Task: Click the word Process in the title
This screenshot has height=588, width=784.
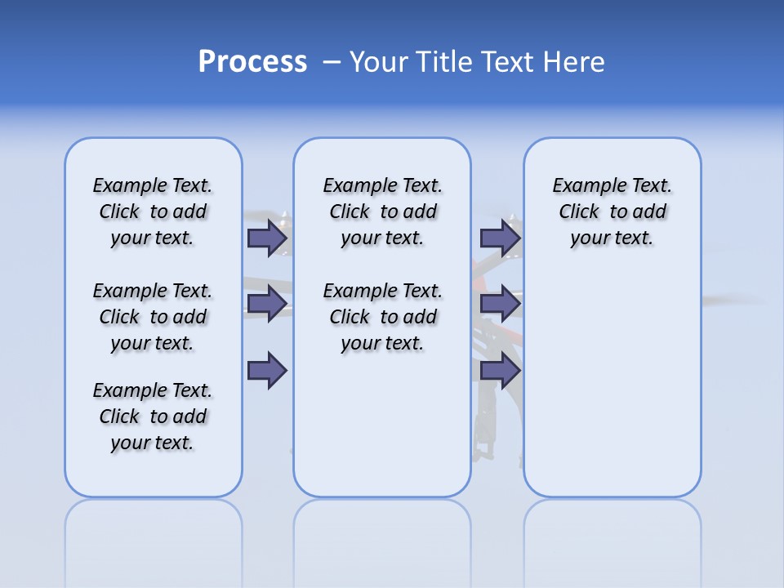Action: tap(252, 62)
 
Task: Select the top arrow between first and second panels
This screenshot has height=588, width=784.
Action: tap(267, 238)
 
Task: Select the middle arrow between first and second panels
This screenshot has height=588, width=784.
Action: tap(267, 305)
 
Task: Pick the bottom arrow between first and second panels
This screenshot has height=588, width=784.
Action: tap(267, 371)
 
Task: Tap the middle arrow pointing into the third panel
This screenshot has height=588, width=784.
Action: tap(500, 305)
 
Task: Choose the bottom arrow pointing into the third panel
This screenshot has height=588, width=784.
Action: tap(500, 371)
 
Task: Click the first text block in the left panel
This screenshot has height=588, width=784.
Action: tap(153, 212)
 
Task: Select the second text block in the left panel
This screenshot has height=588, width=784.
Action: tap(153, 317)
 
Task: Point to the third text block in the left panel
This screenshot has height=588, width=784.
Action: tap(153, 416)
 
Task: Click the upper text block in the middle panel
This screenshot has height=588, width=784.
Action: tap(382, 212)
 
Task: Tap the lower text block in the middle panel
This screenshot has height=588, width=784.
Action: tap(382, 317)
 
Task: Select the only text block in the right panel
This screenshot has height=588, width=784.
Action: tap(612, 212)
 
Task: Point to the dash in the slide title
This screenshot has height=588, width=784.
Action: tap(332, 62)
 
